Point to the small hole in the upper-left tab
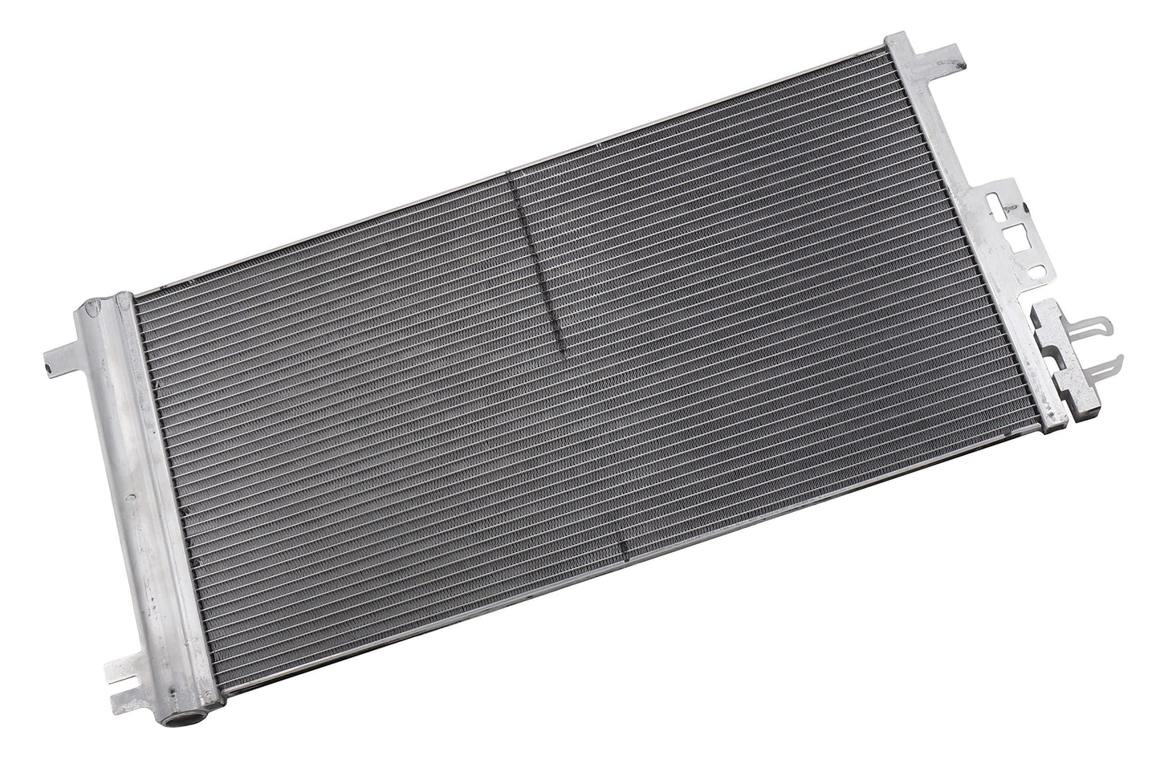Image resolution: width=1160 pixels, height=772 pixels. (48, 367)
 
